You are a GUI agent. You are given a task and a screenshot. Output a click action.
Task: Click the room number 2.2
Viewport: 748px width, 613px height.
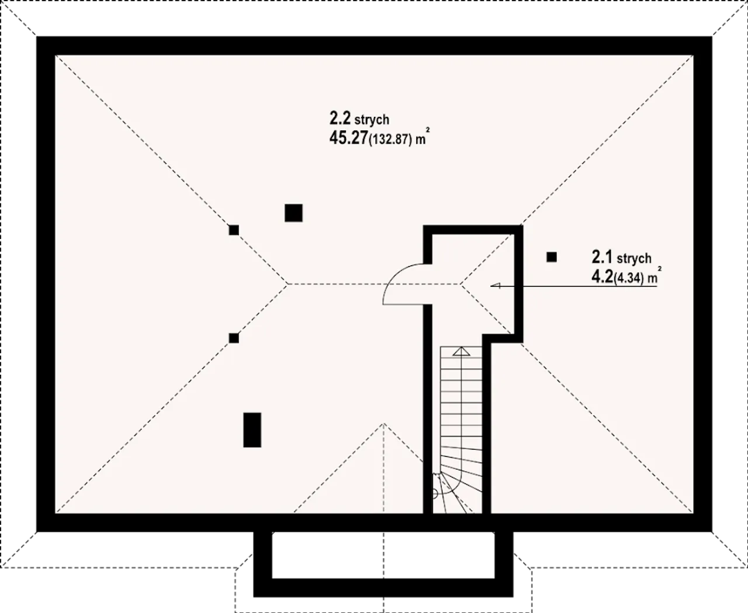[340, 119]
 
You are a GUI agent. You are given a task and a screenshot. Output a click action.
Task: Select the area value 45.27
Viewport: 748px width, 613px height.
[348, 138]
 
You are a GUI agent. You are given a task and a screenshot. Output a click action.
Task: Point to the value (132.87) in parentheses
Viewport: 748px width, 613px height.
[390, 140]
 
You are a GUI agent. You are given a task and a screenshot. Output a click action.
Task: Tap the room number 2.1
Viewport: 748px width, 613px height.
[602, 257]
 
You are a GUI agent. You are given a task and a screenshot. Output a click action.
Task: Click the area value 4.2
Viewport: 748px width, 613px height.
[602, 277]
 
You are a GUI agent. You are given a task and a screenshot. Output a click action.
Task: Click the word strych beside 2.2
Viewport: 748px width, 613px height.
[372, 120]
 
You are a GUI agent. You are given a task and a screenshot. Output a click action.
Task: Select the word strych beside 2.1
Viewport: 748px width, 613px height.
[633, 258]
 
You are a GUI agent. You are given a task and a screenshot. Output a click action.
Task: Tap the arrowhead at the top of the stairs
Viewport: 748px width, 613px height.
[462, 351]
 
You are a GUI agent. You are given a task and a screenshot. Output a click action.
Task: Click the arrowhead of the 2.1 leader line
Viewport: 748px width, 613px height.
[496, 286]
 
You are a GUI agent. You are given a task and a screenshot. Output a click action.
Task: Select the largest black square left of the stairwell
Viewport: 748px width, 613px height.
[293, 213]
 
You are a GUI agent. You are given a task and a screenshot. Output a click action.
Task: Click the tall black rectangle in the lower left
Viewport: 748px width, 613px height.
[252, 430]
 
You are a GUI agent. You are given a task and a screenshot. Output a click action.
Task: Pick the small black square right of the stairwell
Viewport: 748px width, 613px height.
[552, 257]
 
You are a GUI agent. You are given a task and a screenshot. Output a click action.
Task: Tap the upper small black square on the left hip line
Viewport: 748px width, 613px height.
[234, 230]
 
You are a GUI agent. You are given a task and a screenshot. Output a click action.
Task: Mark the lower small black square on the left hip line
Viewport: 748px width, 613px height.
[234, 338]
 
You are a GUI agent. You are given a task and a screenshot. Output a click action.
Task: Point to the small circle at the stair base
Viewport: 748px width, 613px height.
[434, 494]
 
